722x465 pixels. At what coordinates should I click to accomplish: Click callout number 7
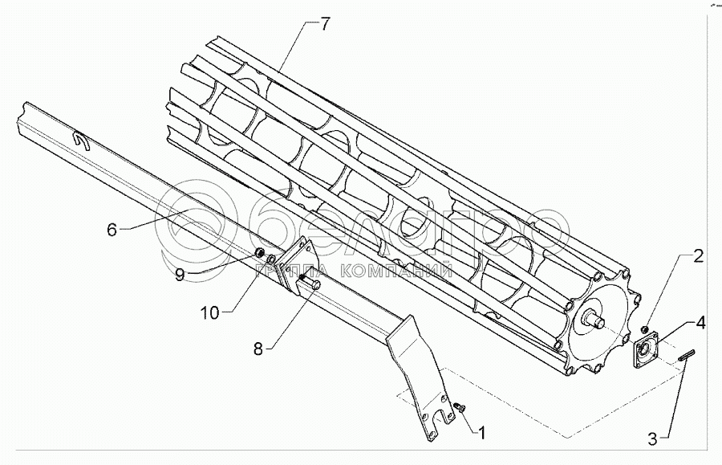(324, 24)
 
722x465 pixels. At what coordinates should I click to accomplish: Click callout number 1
(481, 434)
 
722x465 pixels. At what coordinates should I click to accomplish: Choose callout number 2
(699, 257)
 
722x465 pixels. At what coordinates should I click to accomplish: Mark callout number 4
(700, 324)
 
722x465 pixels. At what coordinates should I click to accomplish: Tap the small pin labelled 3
(685, 356)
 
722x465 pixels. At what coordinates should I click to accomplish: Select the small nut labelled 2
(645, 330)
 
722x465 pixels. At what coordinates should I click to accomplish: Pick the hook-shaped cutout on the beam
(82, 142)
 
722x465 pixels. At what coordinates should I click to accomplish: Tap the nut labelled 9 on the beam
(260, 254)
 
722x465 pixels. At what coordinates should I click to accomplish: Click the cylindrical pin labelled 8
(313, 283)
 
